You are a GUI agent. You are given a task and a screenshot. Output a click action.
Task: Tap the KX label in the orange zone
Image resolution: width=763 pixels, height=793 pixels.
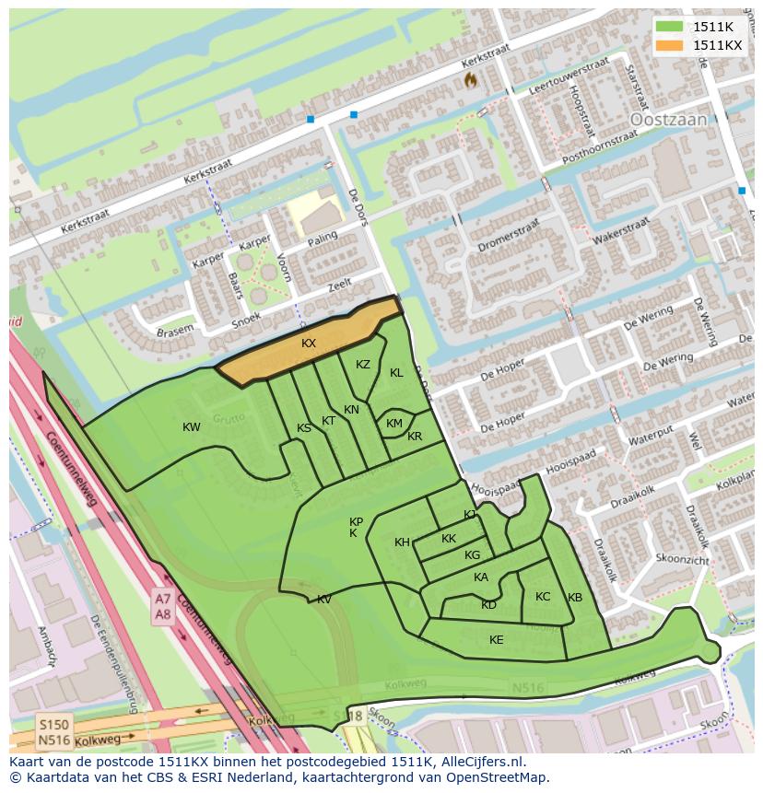tap(309, 343)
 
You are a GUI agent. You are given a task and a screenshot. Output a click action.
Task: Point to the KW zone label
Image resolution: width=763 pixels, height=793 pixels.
tap(192, 427)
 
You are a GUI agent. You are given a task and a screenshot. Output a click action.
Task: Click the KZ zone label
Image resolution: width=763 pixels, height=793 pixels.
tap(363, 365)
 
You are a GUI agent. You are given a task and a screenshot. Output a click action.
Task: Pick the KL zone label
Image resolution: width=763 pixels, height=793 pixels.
tap(396, 373)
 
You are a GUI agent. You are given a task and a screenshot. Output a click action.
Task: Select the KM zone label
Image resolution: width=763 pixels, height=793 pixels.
tap(394, 424)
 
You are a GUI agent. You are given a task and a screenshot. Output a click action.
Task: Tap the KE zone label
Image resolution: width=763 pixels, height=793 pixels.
tap(497, 640)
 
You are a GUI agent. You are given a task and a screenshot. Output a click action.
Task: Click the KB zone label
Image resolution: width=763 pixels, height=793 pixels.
tap(575, 598)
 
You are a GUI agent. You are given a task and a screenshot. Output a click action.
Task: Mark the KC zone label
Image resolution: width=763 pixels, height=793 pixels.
tap(543, 597)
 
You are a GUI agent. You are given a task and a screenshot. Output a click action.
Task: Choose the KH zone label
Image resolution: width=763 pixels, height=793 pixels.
tap(402, 542)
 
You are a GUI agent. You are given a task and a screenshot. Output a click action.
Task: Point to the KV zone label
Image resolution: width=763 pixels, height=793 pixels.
tap(324, 600)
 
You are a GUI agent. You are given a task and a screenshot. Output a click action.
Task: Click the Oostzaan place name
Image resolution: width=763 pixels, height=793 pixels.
tap(668, 120)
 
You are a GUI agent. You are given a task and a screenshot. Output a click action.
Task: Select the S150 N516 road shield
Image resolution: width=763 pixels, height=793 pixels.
tap(54, 732)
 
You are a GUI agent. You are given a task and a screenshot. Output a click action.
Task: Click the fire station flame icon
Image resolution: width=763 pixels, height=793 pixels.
tap(471, 80)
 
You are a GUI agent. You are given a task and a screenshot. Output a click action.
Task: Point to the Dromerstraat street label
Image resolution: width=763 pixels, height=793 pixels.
tap(508, 237)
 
